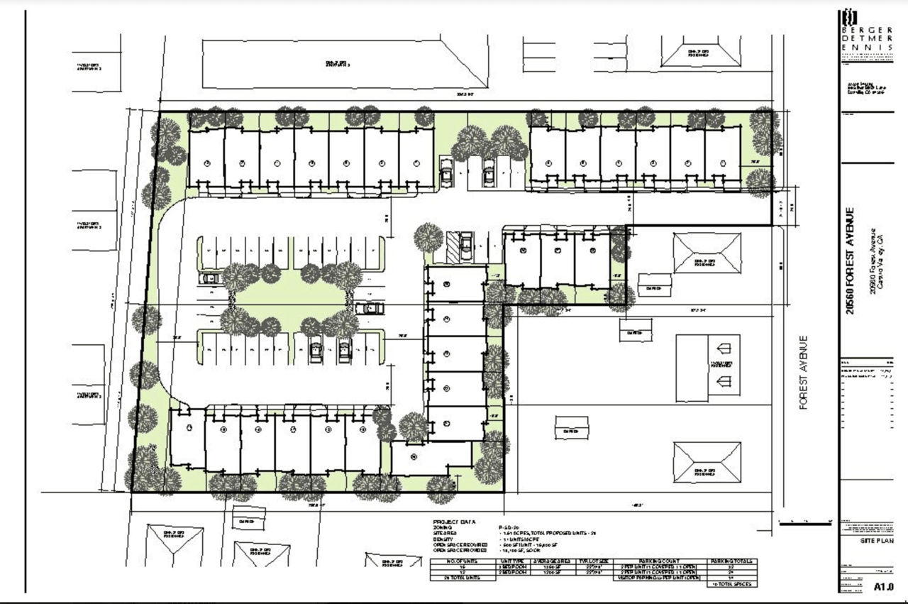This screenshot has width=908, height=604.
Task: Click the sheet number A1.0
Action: pyautogui.click(x=882, y=586)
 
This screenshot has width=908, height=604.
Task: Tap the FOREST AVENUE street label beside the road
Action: pyautogui.click(x=804, y=372)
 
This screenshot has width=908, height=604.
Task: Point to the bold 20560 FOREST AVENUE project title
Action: pyautogui.click(x=851, y=260)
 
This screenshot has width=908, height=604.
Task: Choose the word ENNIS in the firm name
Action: pyautogui.click(x=866, y=47)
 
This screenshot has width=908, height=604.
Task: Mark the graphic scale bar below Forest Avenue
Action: pyautogui.click(x=804, y=524)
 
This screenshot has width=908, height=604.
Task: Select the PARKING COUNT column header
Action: pyautogui.click(x=658, y=561)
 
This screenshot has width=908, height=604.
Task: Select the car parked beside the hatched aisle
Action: pyautogui.click(x=466, y=246)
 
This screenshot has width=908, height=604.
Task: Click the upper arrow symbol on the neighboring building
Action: pyautogui.click(x=724, y=348)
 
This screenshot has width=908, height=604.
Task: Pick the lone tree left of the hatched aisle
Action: pyautogui.click(x=428, y=236)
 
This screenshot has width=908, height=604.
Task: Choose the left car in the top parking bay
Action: pyautogui.click(x=447, y=172)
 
